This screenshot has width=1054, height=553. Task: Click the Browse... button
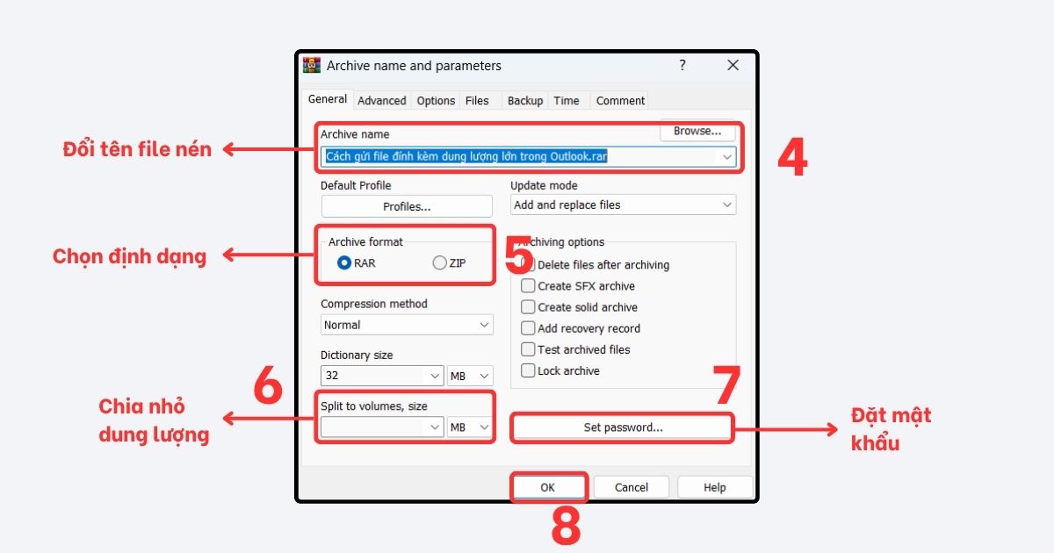(x=697, y=132)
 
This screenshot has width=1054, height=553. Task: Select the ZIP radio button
(x=440, y=263)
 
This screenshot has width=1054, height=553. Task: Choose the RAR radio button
(x=344, y=263)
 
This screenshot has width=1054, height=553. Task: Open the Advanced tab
(x=382, y=101)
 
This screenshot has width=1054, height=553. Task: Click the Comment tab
(x=620, y=101)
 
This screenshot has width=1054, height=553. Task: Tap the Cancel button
(x=631, y=487)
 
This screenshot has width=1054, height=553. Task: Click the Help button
(x=714, y=487)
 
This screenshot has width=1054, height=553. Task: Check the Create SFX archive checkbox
(x=528, y=286)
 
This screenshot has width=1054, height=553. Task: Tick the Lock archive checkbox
(x=528, y=370)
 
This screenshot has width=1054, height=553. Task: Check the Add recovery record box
(x=528, y=328)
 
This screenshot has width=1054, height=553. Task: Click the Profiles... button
(x=407, y=207)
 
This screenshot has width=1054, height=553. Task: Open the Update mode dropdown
(x=623, y=205)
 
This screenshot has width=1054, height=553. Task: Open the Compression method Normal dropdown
(x=407, y=325)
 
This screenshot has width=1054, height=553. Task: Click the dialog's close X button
(x=733, y=66)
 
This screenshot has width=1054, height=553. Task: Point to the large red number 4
(x=792, y=158)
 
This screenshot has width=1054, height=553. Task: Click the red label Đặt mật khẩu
(x=890, y=427)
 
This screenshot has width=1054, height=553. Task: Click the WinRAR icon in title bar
(x=312, y=66)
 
